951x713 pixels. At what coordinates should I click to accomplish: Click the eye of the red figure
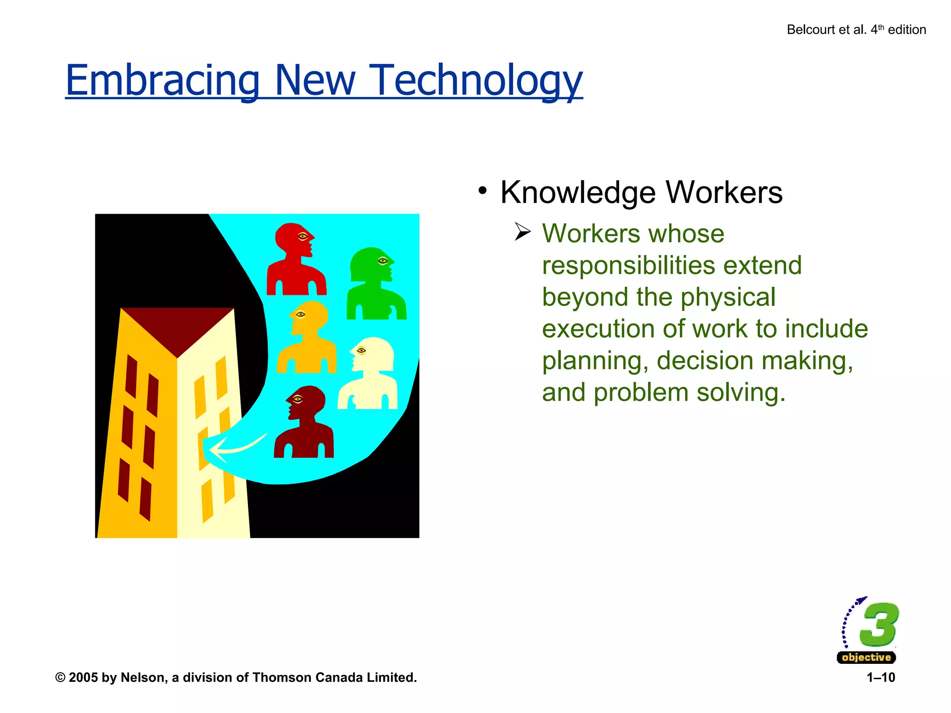(x=303, y=237)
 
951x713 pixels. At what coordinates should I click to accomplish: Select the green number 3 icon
(x=879, y=624)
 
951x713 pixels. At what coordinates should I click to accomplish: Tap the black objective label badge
(x=866, y=657)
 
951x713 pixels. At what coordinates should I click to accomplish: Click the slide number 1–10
(x=880, y=678)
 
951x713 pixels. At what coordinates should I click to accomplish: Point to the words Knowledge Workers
(x=641, y=192)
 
